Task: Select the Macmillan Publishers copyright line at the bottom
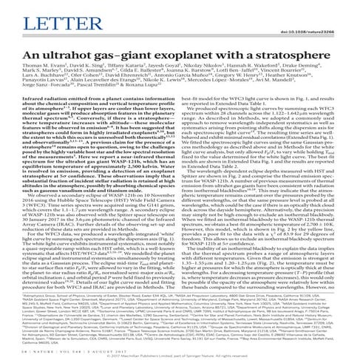180,356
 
